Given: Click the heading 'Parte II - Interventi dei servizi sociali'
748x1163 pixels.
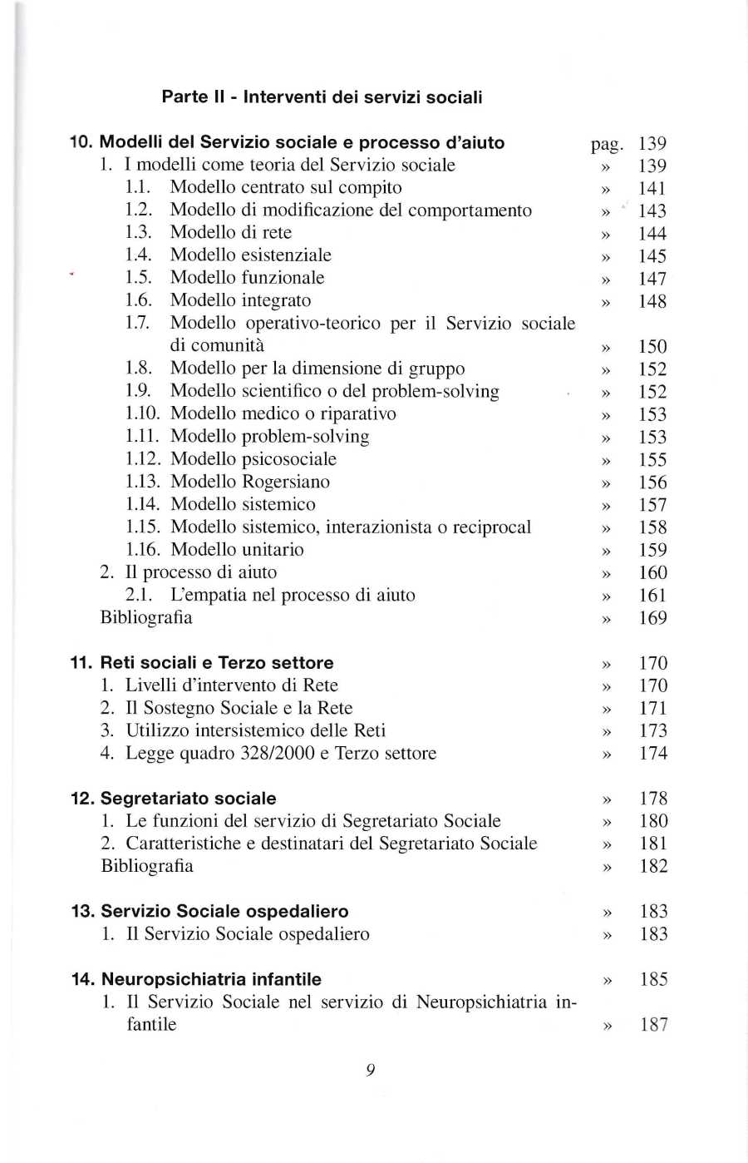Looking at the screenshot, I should tap(322, 97).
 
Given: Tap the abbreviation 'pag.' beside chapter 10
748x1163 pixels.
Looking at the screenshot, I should tap(607, 145).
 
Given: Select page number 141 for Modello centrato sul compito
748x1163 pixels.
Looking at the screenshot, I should tap(652, 189).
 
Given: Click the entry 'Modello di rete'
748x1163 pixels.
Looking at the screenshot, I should tap(230, 233).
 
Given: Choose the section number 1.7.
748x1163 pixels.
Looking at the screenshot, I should tap(137, 323).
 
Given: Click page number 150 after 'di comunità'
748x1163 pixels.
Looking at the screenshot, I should tap(652, 347).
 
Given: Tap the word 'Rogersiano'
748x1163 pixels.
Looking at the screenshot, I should tap(286, 482).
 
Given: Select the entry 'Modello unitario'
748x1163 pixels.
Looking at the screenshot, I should tap(237, 550).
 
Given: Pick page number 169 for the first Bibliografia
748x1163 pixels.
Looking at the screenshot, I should tap(652, 618).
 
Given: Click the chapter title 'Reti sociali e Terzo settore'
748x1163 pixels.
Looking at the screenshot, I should tap(217, 663).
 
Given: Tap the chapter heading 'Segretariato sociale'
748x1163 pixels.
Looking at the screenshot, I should tap(188, 799).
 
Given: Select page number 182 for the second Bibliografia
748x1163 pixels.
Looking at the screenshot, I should tap(653, 866).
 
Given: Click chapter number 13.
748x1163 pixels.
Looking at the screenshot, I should tap(82, 911).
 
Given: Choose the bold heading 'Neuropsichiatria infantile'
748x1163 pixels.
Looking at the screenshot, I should tap(211, 979).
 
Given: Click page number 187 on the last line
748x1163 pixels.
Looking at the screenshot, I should tap(653, 1025).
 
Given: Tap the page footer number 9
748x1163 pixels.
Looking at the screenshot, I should tap(371, 1070).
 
